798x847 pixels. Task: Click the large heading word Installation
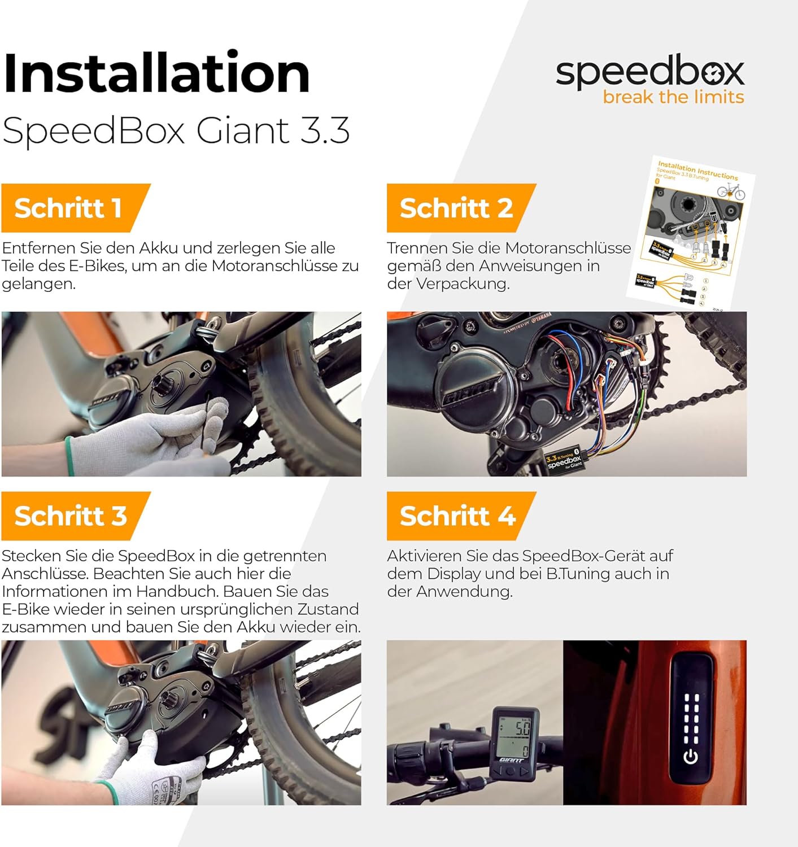pyautogui.click(x=156, y=73)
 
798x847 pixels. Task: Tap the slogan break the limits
pyautogui.click(x=673, y=97)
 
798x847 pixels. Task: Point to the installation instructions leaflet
pyautogui.click(x=692, y=232)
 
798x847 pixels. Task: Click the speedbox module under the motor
pyautogui.click(x=564, y=460)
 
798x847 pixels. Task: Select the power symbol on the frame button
pyautogui.click(x=691, y=756)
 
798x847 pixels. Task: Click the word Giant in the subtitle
pyautogui.click(x=243, y=130)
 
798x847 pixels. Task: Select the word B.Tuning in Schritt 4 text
pyautogui.click(x=578, y=574)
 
